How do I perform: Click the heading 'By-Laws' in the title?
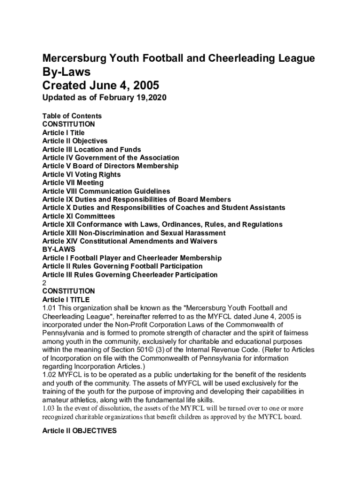[66, 73]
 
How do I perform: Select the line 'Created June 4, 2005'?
[101, 86]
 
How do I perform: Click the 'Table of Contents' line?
[72, 116]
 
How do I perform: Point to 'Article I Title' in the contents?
[64, 133]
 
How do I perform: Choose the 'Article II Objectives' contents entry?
[75, 141]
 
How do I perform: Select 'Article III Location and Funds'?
[92, 150]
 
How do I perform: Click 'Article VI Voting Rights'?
[81, 174]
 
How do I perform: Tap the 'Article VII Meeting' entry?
[73, 183]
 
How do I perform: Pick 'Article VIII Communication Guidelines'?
[106, 191]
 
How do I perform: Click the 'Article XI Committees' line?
[79, 216]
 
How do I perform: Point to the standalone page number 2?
[44, 283]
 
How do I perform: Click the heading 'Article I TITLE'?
[66, 299]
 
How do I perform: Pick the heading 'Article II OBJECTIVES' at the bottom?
[79, 431]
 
